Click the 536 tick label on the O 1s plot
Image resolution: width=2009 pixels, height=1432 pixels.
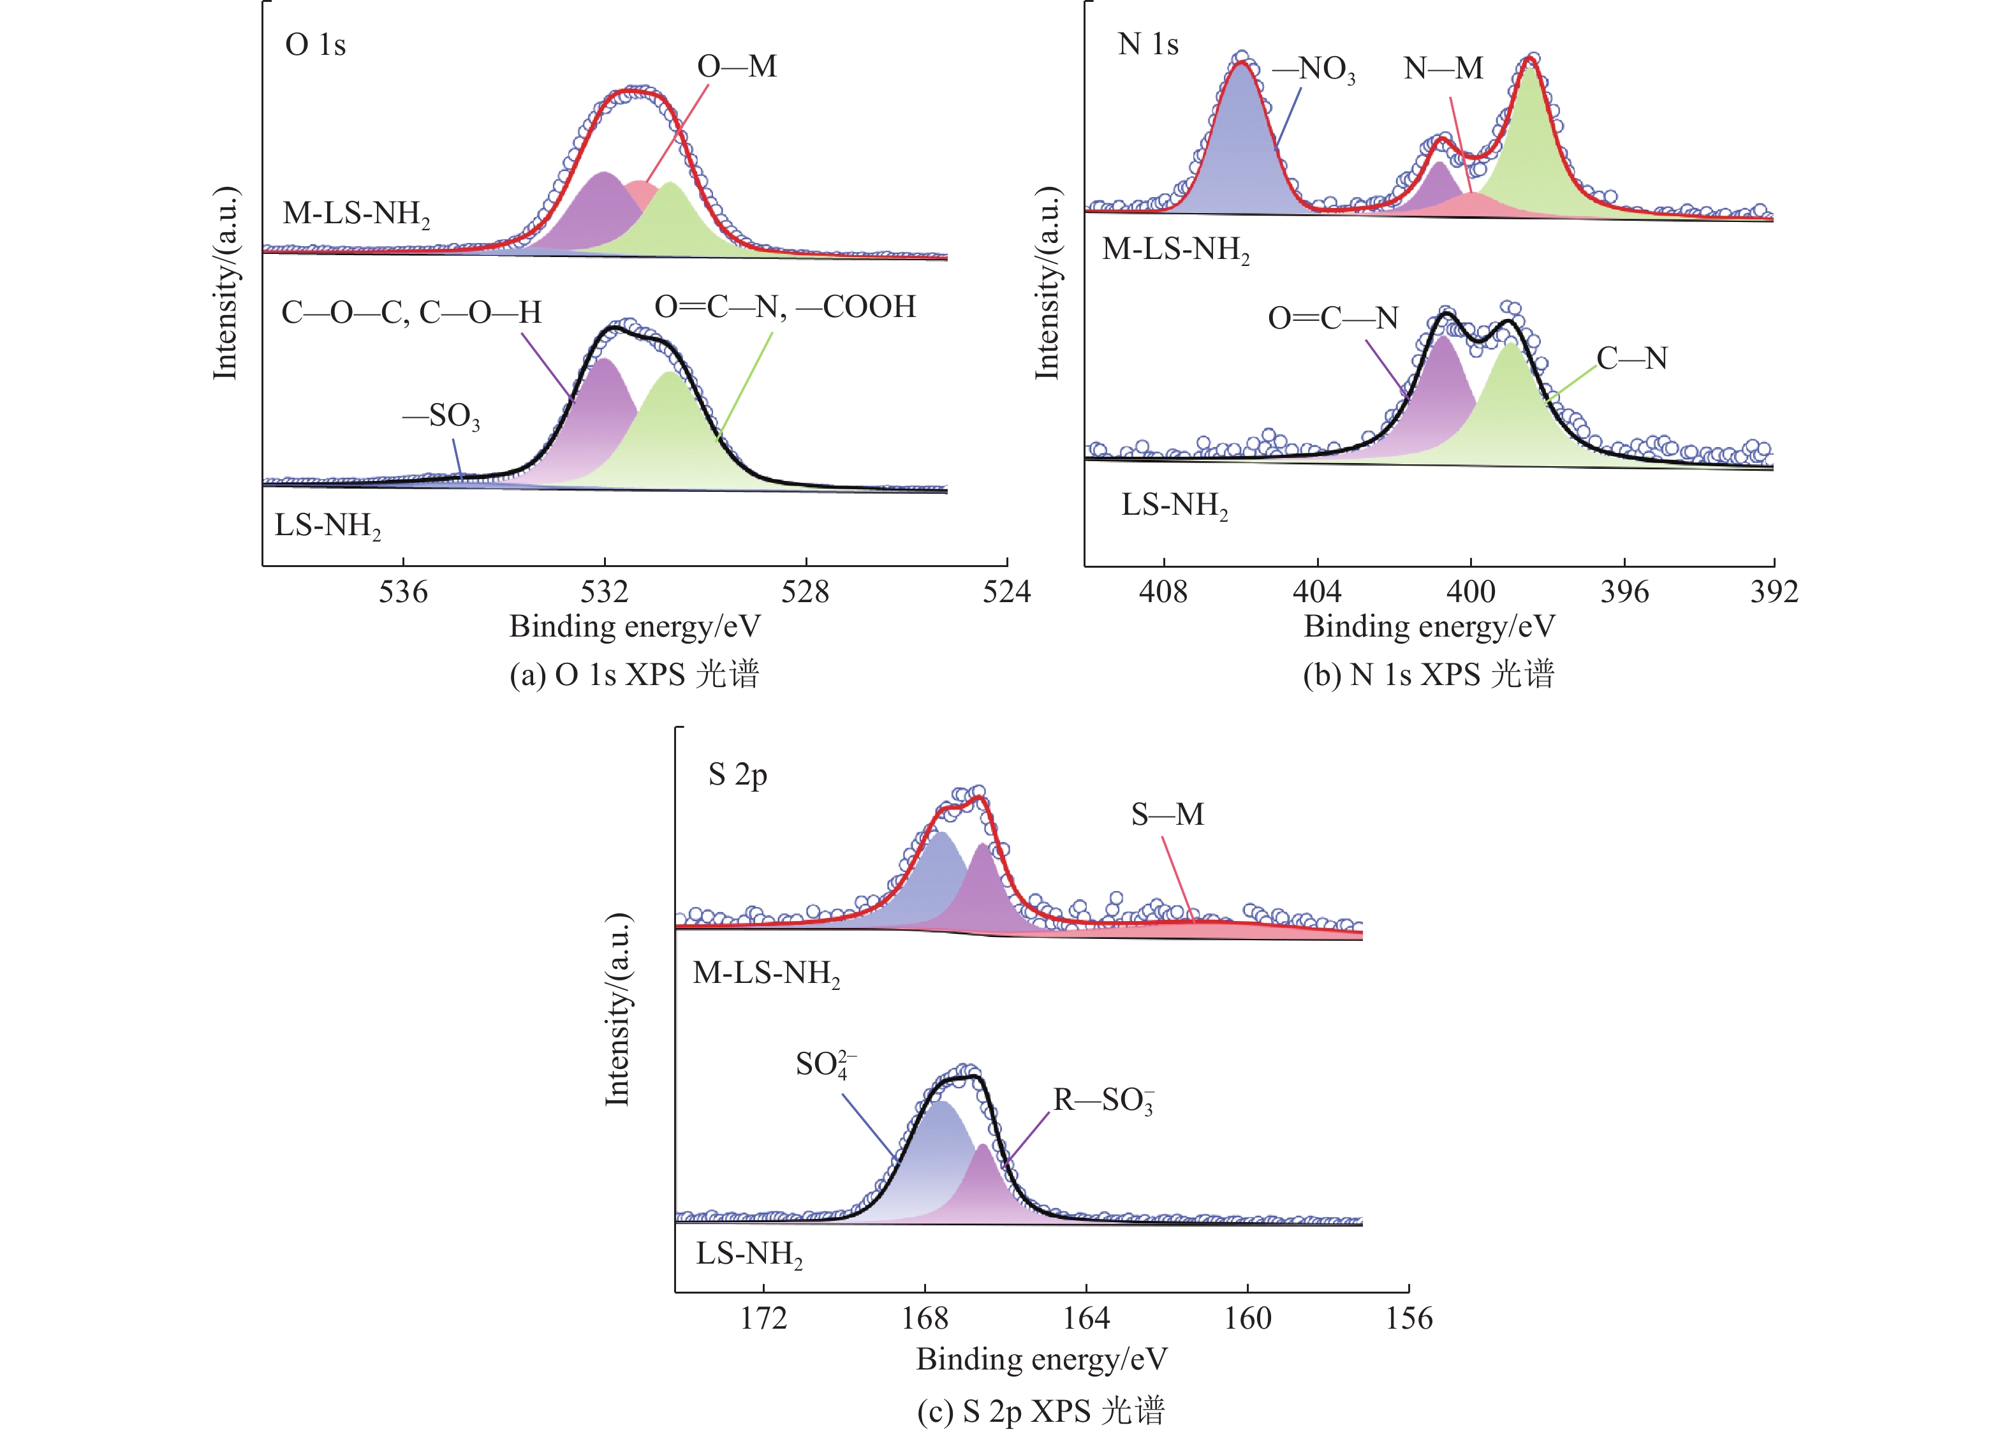pyautogui.click(x=403, y=592)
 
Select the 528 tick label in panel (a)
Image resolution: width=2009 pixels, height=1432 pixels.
pyautogui.click(x=805, y=592)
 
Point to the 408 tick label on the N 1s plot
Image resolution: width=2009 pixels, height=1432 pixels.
pyautogui.click(x=1163, y=592)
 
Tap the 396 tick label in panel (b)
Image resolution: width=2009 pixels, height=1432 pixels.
pyautogui.click(x=1624, y=592)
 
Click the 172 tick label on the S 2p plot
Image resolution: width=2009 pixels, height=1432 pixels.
pyautogui.click(x=763, y=1318)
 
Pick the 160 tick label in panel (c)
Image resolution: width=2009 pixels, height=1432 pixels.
pyautogui.click(x=1247, y=1318)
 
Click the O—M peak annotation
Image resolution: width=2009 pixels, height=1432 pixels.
pyautogui.click(x=737, y=67)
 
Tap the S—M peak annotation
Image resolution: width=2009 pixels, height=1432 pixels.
pyautogui.click(x=1167, y=815)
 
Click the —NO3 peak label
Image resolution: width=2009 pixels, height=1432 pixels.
pyautogui.click(x=1313, y=70)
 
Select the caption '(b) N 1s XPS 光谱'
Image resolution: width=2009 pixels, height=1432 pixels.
pyautogui.click(x=1428, y=675)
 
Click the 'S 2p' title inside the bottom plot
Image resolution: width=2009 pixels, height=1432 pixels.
pyautogui.click(x=738, y=775)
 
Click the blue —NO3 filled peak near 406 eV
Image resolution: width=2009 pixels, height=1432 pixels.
pyautogui.click(x=1241, y=150)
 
